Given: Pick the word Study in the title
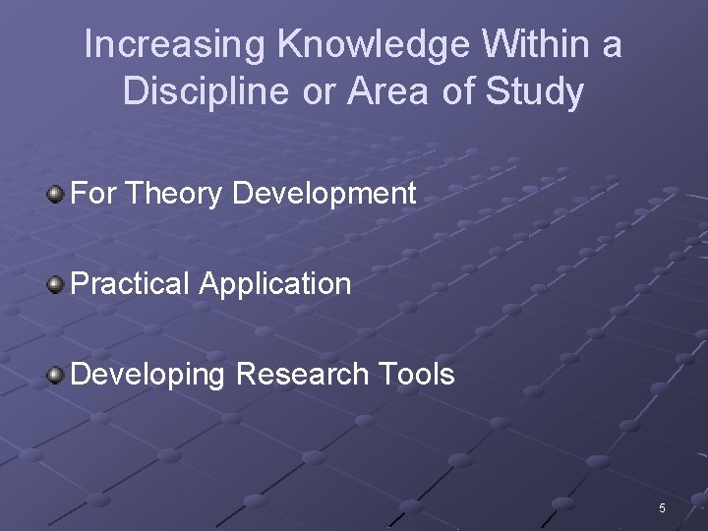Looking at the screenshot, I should coord(540,91).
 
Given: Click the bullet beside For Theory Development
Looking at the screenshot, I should coord(57,194).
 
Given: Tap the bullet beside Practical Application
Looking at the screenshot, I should coord(57,285).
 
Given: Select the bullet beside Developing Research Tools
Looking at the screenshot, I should coord(57,375).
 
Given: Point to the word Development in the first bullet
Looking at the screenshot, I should coord(324,194).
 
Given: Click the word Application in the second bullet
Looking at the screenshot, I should coord(275,284).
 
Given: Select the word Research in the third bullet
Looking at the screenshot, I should coord(303,374).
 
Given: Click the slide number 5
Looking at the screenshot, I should coord(662,508).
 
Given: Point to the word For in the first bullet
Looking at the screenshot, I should coord(94,194).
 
